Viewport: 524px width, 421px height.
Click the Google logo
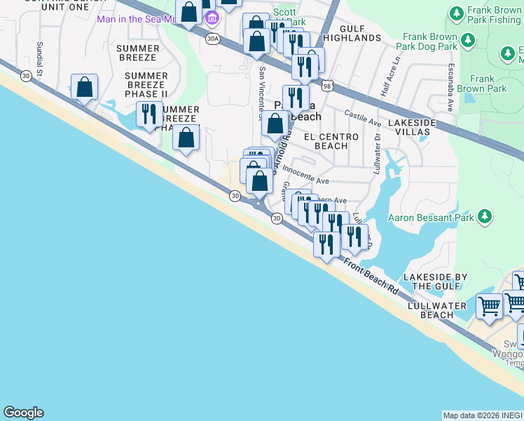pos(23,413)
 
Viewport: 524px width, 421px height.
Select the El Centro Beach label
pos(331,141)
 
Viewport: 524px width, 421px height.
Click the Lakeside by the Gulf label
pos(435,281)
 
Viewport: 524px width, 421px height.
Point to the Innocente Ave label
pos(305,181)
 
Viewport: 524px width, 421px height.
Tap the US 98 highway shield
pos(327,86)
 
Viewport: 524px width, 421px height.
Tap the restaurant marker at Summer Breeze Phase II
pos(149,114)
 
